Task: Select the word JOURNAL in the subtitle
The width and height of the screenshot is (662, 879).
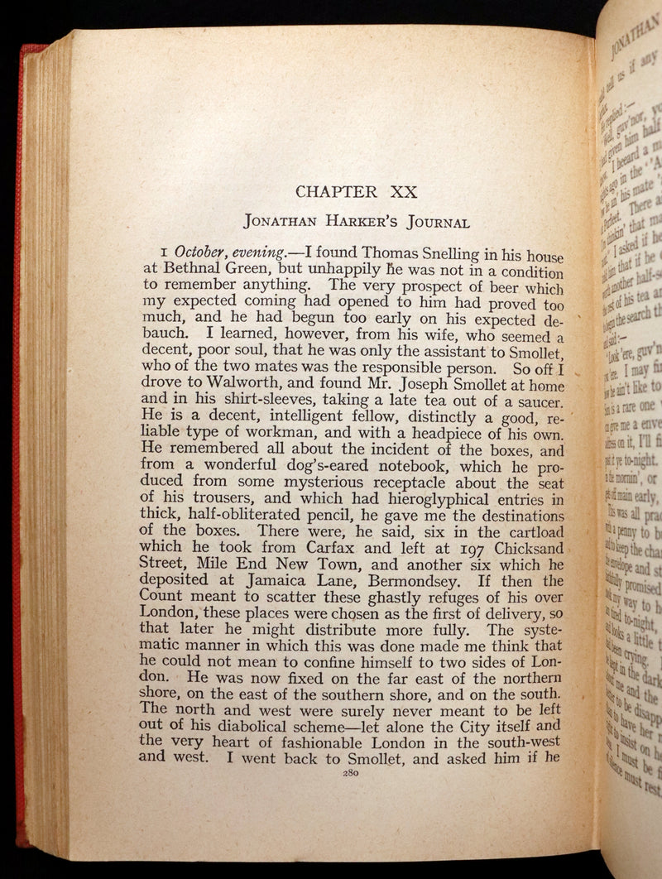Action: click(439, 223)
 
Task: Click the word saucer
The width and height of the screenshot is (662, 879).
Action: click(535, 403)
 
